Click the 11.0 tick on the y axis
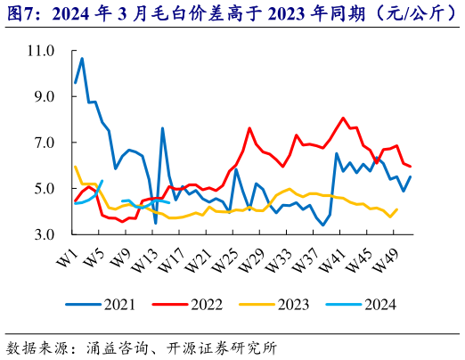[41, 50]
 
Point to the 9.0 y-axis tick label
[44, 96]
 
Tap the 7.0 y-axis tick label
[44, 143]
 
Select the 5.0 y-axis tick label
[44, 189]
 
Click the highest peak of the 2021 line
[82, 59]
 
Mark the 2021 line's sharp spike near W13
[162, 128]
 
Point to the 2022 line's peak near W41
[343, 118]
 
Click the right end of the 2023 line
[397, 209]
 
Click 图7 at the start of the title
[17, 13]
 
